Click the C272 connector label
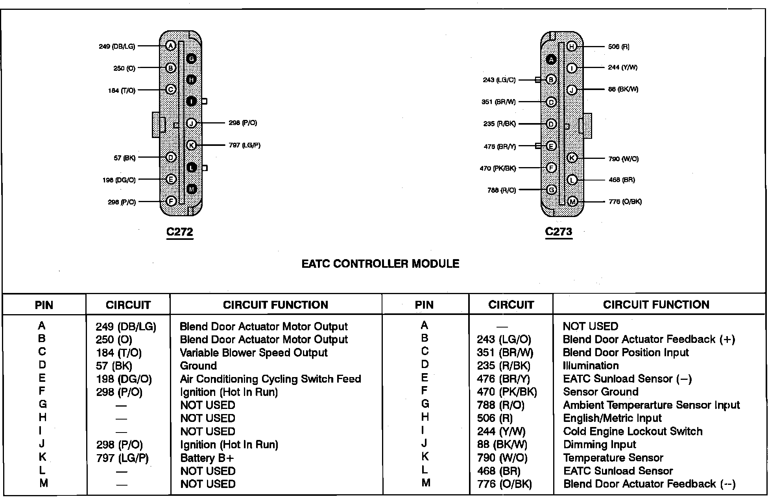(x=179, y=232)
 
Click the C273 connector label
(x=558, y=232)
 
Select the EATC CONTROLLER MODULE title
(x=380, y=263)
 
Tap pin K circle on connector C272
(x=191, y=145)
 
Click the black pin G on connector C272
(x=191, y=59)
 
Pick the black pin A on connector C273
(x=551, y=59)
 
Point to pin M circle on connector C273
(x=572, y=202)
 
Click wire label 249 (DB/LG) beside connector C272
(x=117, y=46)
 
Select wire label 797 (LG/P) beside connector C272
(x=244, y=145)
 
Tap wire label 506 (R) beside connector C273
(x=618, y=47)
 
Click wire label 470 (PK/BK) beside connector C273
(x=498, y=168)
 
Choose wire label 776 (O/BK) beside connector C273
(x=625, y=202)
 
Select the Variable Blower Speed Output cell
(x=253, y=353)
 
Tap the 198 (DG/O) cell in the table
(x=124, y=379)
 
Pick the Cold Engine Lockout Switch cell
(x=633, y=431)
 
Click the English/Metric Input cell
(x=612, y=418)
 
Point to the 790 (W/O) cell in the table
(x=502, y=458)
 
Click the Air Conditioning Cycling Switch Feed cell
(x=270, y=379)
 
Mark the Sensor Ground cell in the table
(x=600, y=392)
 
